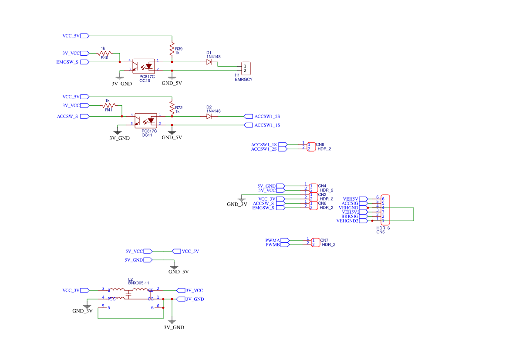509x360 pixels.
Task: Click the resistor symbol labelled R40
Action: [x=104, y=53]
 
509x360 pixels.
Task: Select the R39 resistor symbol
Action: [x=172, y=49]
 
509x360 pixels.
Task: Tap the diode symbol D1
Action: [x=209, y=62]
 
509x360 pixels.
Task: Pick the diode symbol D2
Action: [x=209, y=116]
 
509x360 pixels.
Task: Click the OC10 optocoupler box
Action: [x=144, y=66]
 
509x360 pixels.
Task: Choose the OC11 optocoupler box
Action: [x=146, y=121]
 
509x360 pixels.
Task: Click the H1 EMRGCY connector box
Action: [x=246, y=68]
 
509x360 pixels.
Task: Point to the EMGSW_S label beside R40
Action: [x=67, y=62]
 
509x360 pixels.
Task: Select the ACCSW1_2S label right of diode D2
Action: [x=267, y=116]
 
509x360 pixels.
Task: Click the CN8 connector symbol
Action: [x=311, y=147]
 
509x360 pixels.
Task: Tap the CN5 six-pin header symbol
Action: [x=385, y=210]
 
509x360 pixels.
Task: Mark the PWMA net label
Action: [x=273, y=241]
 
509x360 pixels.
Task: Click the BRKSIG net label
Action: [x=350, y=216]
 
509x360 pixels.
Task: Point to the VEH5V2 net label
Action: [x=351, y=212]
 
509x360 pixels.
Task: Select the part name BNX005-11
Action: [x=138, y=283]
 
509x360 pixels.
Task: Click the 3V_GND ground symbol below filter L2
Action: [x=172, y=321]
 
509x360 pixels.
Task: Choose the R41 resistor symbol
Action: [x=109, y=105]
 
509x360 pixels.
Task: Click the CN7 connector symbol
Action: [x=316, y=242]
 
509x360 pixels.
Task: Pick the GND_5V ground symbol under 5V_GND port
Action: [x=174, y=267]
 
